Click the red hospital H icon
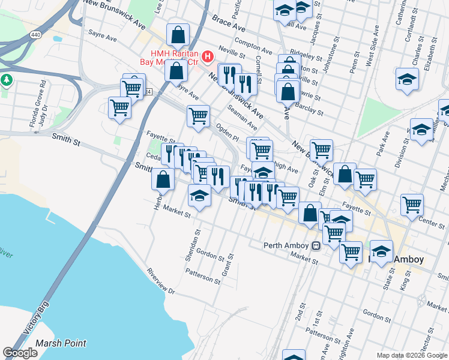208,57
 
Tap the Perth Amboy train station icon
316,245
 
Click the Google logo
20,353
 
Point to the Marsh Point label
61,344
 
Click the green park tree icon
7,80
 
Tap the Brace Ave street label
229,25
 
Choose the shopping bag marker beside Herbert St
163,179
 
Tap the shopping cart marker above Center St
412,205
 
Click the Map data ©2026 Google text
412,355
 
